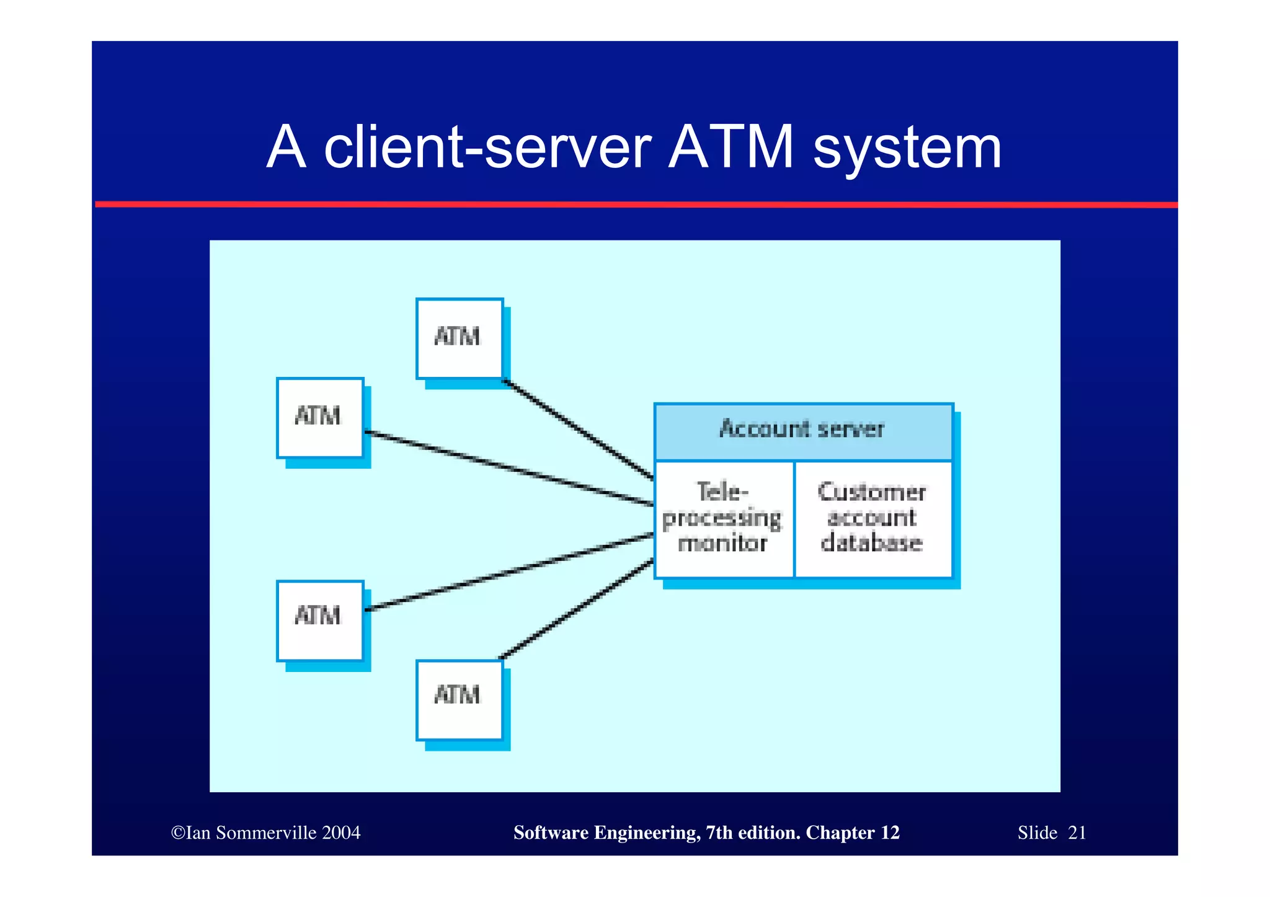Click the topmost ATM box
tap(459, 338)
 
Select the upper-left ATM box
tap(319, 418)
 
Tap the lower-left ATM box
tap(319, 621)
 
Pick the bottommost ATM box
tap(459, 699)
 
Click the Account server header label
tap(802, 430)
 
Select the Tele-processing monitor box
tap(724, 519)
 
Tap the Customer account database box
tap(873, 519)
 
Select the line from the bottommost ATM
tap(577, 609)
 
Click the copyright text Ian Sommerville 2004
tap(267, 833)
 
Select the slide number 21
tap(1077, 833)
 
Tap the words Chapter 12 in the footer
tap(853, 833)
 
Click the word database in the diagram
tap(872, 544)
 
